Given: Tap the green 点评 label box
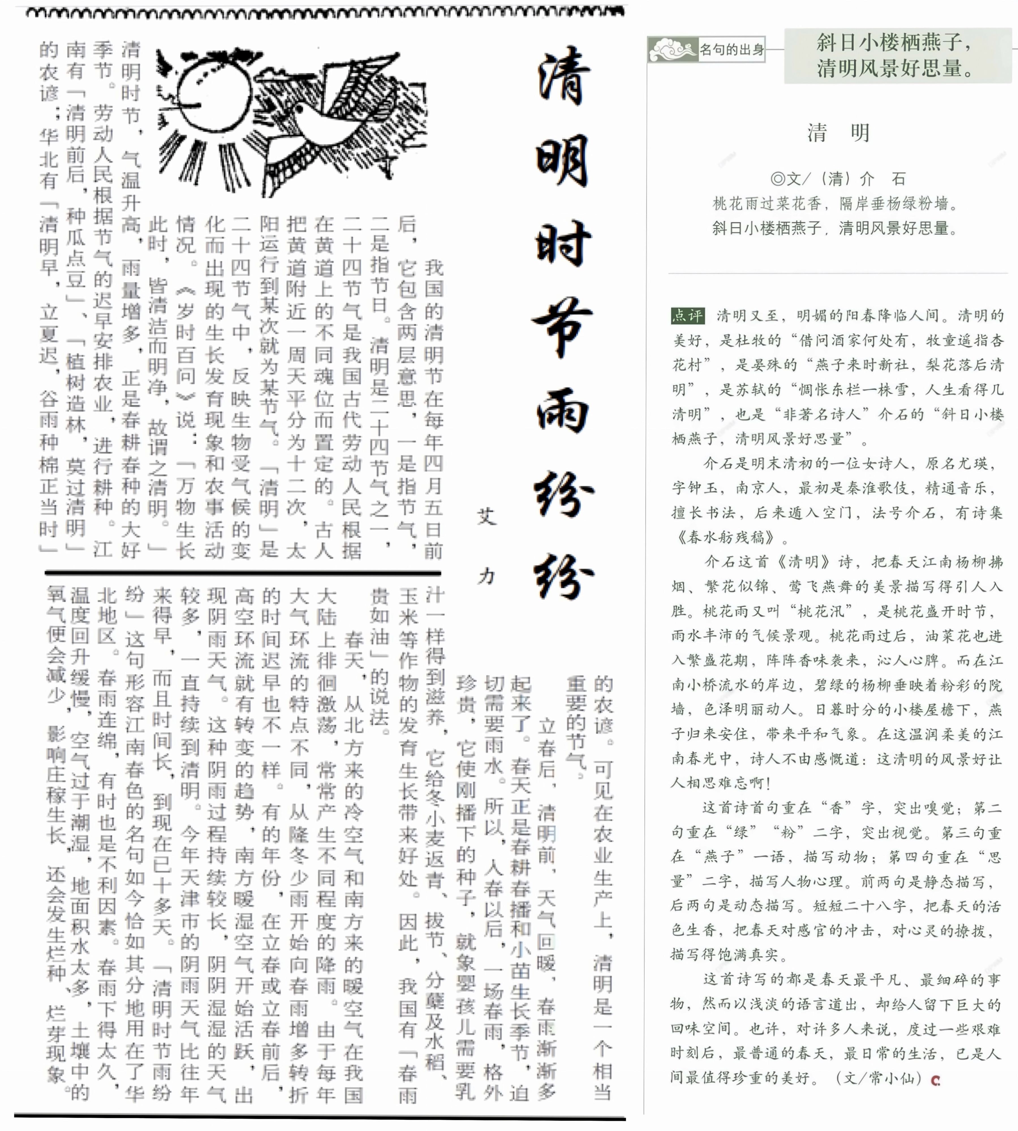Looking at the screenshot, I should pos(687,316).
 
